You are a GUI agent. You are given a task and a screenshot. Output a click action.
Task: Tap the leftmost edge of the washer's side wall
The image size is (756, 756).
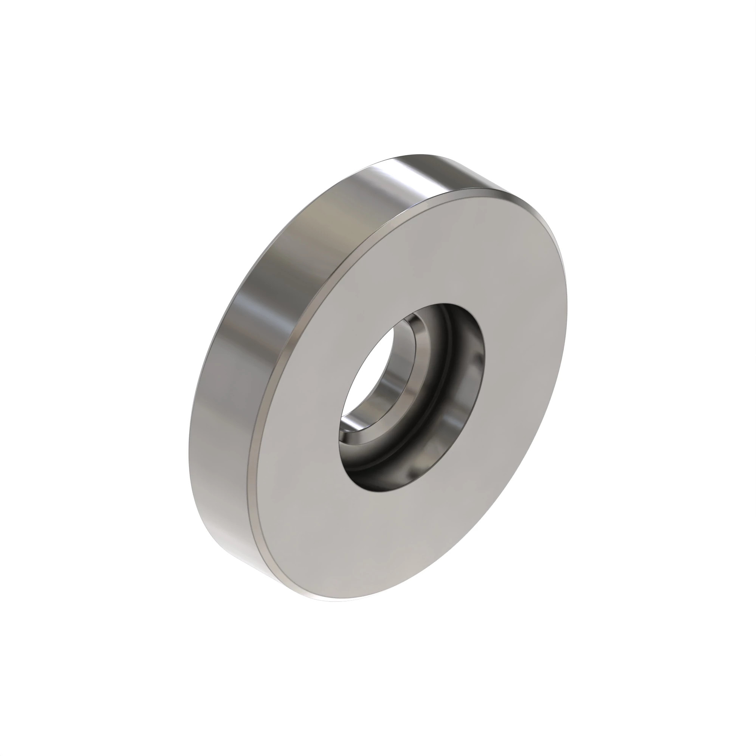[189, 450]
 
